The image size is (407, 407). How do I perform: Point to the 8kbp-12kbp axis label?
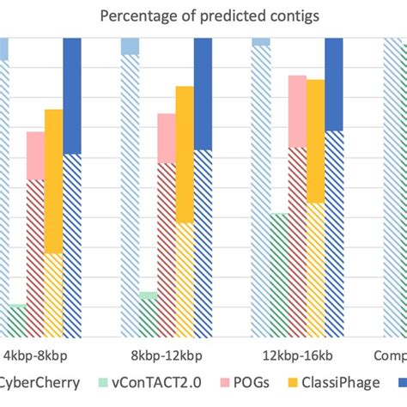[x=167, y=355]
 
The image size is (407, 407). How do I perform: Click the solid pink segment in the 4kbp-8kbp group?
[x=35, y=155]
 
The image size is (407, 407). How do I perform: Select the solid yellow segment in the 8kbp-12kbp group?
[x=185, y=155]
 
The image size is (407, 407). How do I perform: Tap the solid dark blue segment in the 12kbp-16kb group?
[x=334, y=84]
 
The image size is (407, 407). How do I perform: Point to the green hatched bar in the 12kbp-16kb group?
[x=278, y=274]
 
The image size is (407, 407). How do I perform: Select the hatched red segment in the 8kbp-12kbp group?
[x=167, y=249]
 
